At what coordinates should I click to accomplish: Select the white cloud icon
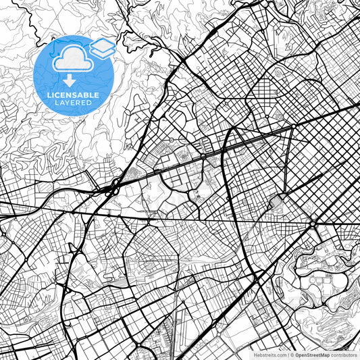pyautogui.click(x=71, y=59)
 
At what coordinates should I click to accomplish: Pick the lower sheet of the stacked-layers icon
pyautogui.click(x=102, y=53)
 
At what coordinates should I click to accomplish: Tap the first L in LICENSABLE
pyautogui.click(x=49, y=95)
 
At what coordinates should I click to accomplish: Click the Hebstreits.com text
pyautogui.click(x=269, y=355)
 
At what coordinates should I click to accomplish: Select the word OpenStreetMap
pyautogui.click(x=312, y=355)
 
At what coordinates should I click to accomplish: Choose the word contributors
pyautogui.click(x=343, y=355)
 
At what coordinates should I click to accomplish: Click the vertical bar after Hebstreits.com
pyautogui.click(x=288, y=355)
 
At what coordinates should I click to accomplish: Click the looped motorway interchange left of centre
pyautogui.click(x=113, y=185)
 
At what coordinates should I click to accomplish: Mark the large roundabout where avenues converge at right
pyautogui.click(x=313, y=223)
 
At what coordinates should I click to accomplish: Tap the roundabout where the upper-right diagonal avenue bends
pyautogui.click(x=294, y=126)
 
